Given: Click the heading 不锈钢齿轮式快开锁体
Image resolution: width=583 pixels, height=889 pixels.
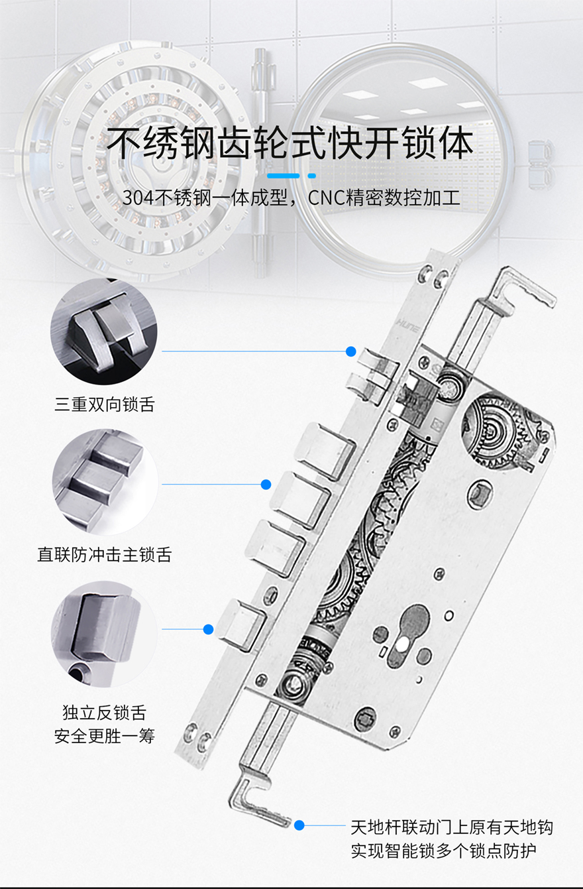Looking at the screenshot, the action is tap(290, 143).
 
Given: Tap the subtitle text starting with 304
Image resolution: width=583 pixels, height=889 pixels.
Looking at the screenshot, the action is tap(291, 198).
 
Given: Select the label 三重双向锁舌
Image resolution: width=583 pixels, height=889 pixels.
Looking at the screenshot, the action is tap(104, 404).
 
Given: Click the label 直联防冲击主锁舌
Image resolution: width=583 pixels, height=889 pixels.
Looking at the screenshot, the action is tap(104, 554).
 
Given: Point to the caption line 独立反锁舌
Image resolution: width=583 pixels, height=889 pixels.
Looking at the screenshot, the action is tap(104, 713).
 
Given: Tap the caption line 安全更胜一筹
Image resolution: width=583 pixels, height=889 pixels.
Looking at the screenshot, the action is tap(104, 737).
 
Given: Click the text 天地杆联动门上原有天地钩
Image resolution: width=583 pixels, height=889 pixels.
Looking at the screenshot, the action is tap(452, 827).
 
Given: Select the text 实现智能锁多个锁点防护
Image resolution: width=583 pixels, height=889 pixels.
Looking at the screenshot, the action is tap(443, 851).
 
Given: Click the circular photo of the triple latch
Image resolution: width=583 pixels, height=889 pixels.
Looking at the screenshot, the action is tap(104, 331).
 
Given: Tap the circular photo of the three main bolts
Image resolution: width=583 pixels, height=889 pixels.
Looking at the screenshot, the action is tap(105, 481).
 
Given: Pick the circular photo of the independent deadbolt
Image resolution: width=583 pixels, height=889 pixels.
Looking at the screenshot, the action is tap(104, 634).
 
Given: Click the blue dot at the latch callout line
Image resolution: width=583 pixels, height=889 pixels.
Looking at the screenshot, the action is tap(350, 351).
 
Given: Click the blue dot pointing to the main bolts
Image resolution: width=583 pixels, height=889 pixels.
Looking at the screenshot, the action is tap(266, 484).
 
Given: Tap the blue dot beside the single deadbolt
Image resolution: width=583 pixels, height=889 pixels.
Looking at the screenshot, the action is tap(208, 629).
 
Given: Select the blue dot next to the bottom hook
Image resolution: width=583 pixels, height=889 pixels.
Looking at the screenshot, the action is tap(299, 825).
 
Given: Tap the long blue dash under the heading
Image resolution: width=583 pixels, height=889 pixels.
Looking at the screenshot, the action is tap(283, 176).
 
